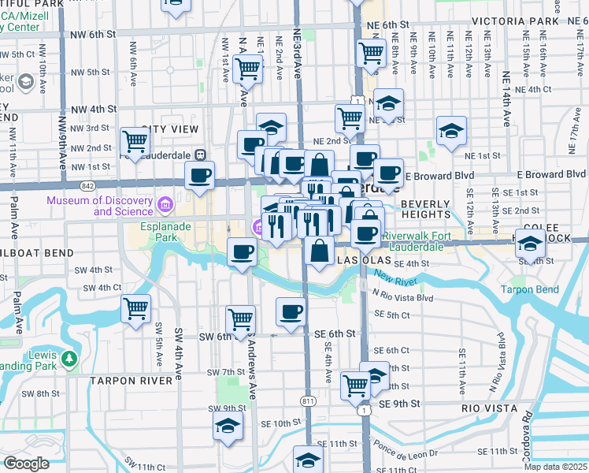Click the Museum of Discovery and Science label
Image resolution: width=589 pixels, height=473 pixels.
pos(99,206)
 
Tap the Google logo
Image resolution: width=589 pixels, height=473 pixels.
pos(26,464)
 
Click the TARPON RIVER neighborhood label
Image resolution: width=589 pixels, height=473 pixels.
pos(130,381)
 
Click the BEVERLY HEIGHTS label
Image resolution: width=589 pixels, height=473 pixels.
pos(425,209)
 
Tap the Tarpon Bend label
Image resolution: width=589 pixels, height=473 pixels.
pos(532,289)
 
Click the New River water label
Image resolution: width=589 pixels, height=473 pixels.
pos(394,276)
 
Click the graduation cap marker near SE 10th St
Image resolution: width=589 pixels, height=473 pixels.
pos(228,426)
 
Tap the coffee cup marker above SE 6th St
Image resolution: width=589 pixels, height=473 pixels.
pos(291,311)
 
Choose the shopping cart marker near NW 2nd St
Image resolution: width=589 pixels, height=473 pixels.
pos(135,143)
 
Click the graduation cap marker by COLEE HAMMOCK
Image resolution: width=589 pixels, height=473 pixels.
pos(531,245)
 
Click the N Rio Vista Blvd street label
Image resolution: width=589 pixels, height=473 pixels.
pos(403,297)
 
